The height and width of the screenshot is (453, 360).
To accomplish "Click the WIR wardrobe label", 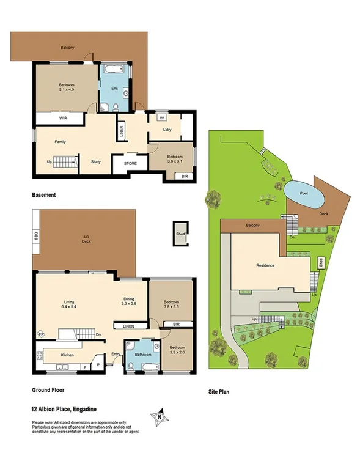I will click(63, 117).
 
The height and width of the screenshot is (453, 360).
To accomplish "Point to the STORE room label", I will click(130, 163).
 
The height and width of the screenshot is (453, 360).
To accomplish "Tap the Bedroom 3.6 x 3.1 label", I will click(175, 158).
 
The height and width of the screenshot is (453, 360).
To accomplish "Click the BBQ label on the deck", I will click(37, 234).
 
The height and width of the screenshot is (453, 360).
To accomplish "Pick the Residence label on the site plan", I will click(265, 265).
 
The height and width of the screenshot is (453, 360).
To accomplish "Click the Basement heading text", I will click(44, 195).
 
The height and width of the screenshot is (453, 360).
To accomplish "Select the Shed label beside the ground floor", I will click(180, 234).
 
